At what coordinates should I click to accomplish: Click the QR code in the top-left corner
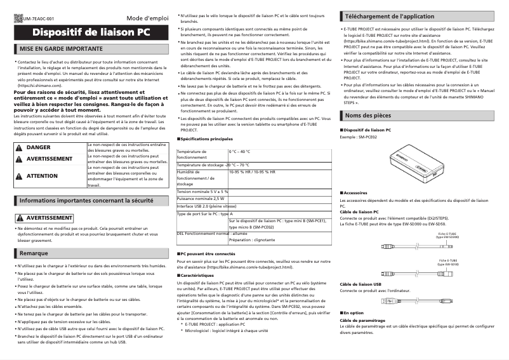pos(17,18)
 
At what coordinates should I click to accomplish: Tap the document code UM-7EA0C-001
pos(38,19)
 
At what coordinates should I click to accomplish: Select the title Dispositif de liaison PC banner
pos(91,32)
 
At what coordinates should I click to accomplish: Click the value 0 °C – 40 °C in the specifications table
pos(240,152)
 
